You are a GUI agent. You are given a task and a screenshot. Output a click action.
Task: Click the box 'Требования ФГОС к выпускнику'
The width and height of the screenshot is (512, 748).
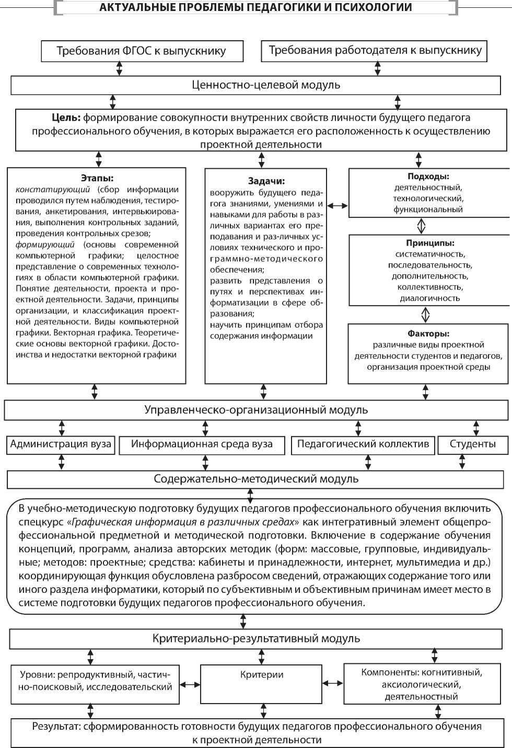point(142,51)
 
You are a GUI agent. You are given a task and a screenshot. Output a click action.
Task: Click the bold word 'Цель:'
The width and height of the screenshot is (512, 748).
point(66,118)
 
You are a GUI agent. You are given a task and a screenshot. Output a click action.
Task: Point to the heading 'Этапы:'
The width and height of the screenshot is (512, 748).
point(97,178)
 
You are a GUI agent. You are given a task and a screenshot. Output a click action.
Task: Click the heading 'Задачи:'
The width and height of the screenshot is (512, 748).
point(266,181)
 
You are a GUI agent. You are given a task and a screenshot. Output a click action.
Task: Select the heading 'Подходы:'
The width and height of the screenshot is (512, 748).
point(428,177)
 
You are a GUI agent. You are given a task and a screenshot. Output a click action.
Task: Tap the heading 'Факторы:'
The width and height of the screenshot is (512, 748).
point(428,333)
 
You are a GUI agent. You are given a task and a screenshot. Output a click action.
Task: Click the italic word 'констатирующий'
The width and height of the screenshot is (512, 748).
point(53,190)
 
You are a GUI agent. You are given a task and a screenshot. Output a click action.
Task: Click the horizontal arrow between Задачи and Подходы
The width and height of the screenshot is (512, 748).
point(338,206)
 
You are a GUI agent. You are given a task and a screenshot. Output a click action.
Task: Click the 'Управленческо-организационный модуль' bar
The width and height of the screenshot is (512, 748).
point(256,410)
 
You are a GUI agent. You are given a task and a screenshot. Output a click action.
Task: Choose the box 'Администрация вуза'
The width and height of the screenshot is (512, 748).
point(61,445)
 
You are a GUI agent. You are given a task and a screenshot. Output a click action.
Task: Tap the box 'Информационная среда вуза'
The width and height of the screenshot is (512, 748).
point(202,445)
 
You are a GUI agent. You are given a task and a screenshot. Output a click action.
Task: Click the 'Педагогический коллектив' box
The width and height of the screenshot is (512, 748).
point(363,445)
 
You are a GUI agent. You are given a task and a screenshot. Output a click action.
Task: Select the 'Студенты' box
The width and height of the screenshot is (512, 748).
point(473,445)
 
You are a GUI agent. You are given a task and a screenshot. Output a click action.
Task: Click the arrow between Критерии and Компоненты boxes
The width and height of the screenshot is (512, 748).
point(333,683)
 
